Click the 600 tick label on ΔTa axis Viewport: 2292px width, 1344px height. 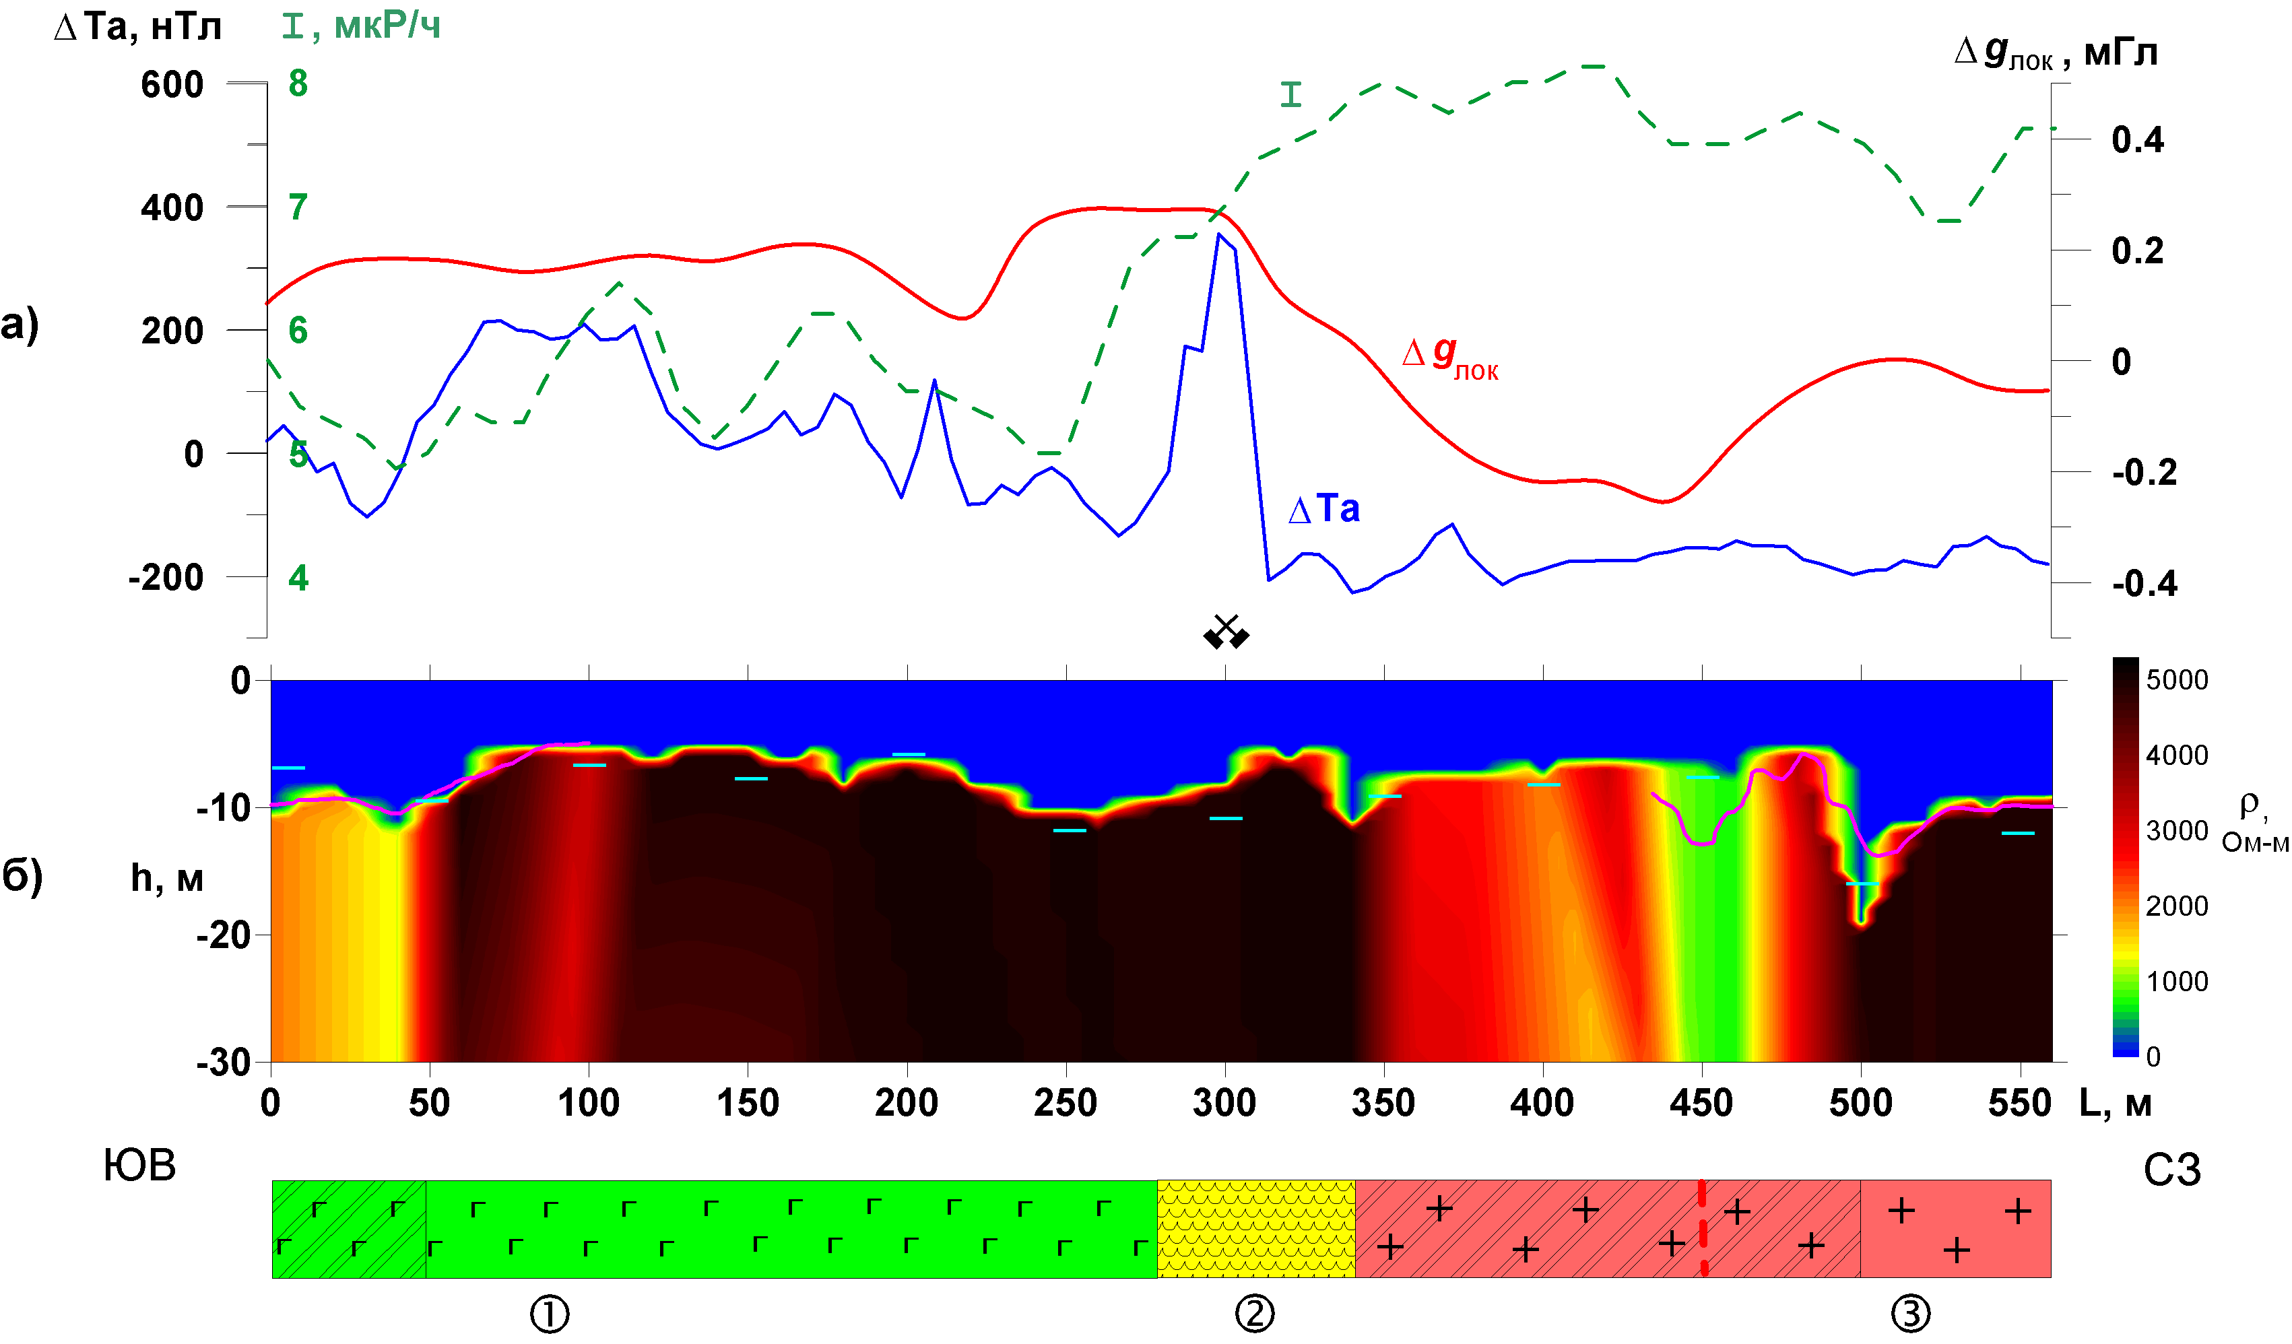click(172, 85)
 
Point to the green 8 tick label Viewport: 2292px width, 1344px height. click(298, 83)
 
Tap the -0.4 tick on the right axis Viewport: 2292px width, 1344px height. click(2144, 583)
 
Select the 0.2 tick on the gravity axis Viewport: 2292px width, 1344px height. click(2137, 251)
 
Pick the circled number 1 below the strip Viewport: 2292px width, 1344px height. click(550, 1314)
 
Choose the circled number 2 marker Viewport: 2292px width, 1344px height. click(1255, 1314)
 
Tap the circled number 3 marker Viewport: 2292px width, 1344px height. click(1910, 1314)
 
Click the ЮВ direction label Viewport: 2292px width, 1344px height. click(139, 1166)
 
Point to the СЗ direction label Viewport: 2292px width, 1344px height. click(2172, 1170)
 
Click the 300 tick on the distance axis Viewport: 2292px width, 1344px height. click(1224, 1103)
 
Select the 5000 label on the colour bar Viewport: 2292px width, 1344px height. click(2176, 679)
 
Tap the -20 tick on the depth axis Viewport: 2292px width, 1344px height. click(224, 935)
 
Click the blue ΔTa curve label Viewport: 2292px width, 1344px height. click(1324, 509)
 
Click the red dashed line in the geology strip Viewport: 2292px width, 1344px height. click(1702, 1228)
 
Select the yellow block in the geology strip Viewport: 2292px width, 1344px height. click(1255, 1228)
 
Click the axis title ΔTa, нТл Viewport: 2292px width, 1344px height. click(138, 28)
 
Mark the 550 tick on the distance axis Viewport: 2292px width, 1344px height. click(2019, 1103)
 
